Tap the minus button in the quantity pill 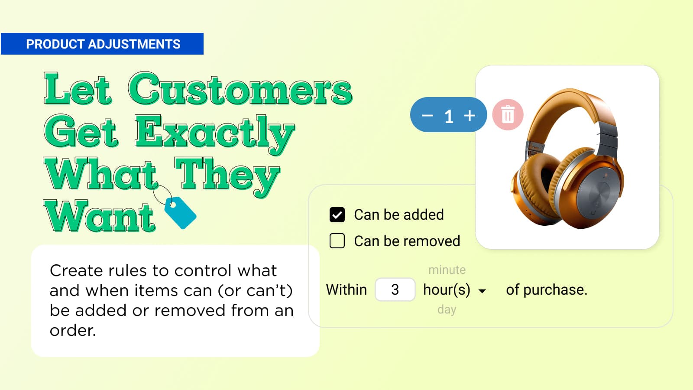(x=427, y=116)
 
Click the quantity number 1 (x=449, y=117)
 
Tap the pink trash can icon (x=508, y=114)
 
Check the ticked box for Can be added (x=337, y=214)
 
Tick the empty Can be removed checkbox (x=337, y=241)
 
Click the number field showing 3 (x=395, y=290)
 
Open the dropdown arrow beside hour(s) (x=482, y=291)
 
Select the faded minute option (x=447, y=270)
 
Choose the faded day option (x=447, y=309)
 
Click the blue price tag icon (x=180, y=213)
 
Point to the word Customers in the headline (x=240, y=88)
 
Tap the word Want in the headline (x=99, y=216)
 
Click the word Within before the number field (x=346, y=290)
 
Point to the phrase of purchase (x=546, y=290)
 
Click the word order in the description (x=73, y=331)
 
